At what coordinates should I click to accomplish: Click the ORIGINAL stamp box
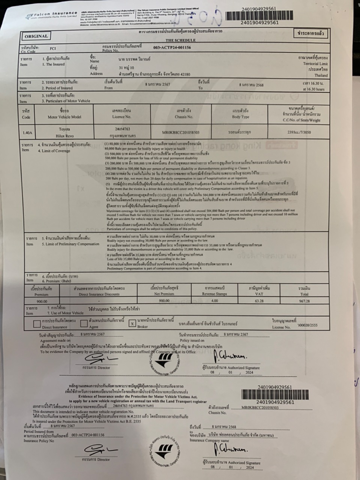[x=36, y=36]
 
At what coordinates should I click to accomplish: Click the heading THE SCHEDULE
[x=180, y=40]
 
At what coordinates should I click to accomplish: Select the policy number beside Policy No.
[x=172, y=48]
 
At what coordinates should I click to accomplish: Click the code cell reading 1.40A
[x=27, y=132]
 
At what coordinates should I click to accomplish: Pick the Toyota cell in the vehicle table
[x=64, y=129]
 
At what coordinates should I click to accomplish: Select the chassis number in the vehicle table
[x=181, y=132]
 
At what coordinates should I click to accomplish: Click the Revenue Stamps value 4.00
[x=214, y=301]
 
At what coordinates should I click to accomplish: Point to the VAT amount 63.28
[x=259, y=301]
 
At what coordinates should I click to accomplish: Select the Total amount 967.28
[x=304, y=301]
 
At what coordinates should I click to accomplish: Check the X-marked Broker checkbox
[x=132, y=323]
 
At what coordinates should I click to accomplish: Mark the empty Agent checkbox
[x=84, y=323]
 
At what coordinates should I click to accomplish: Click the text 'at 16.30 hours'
[x=313, y=89]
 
